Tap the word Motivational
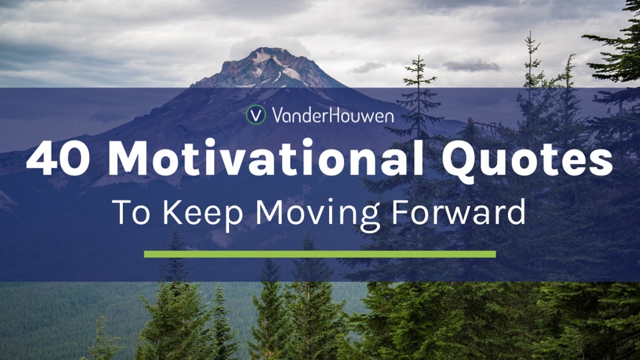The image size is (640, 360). [267, 157]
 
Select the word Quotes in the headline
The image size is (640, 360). [527, 159]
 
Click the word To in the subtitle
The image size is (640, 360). [131, 211]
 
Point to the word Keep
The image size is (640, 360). [203, 213]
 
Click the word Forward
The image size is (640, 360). [458, 211]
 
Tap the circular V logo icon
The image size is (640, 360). [256, 115]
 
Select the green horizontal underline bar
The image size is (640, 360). [320, 254]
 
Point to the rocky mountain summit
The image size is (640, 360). [270, 67]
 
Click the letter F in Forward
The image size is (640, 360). [400, 212]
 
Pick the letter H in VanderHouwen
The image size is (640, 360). [329, 115]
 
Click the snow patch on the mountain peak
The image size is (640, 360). [292, 74]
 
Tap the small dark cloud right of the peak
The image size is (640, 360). [471, 66]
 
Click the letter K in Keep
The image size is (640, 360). [172, 212]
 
